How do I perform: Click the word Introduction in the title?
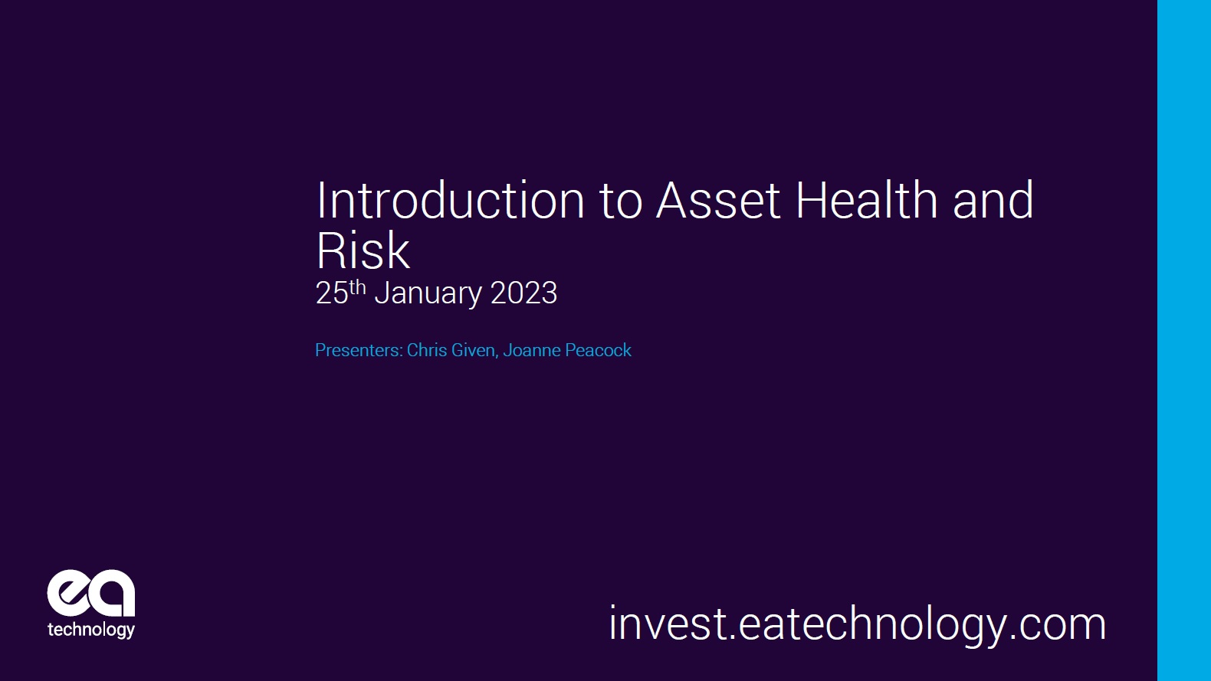pos(451,201)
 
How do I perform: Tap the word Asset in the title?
pos(718,201)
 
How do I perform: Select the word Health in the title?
pos(866,201)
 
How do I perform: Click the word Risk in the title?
pos(363,251)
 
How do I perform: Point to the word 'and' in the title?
pos(993,201)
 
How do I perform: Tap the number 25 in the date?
pos(331,294)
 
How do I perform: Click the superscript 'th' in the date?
pos(357,287)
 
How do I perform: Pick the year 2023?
pos(523,293)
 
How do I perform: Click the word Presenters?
pos(358,350)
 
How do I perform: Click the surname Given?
pos(474,350)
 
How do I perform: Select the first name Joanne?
pos(532,350)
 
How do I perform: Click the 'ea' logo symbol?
pos(90,593)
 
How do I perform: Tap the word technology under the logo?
pos(90,630)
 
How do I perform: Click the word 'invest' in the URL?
pos(667,624)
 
